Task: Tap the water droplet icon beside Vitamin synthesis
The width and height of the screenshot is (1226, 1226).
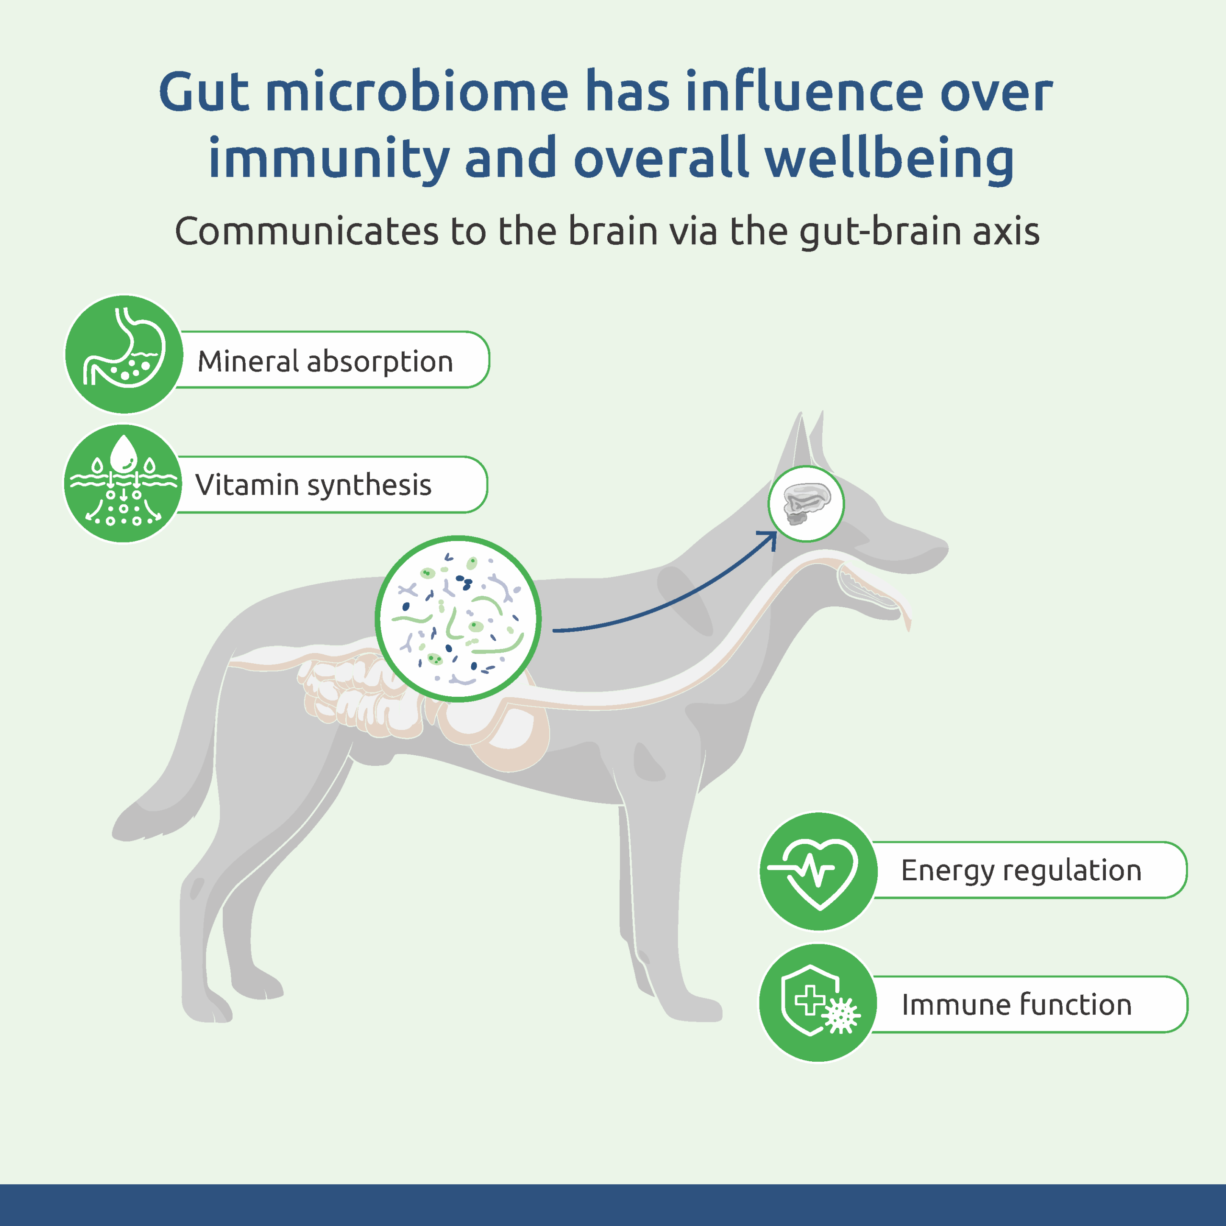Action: point(123,484)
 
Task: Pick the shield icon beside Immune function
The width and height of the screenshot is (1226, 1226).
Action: point(818,1003)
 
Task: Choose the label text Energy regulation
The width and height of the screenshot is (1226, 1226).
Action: point(1021,871)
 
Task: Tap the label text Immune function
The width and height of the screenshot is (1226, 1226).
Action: point(1017,1005)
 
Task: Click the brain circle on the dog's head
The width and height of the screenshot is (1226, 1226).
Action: point(806,504)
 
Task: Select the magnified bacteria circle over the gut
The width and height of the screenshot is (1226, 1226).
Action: point(458,619)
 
